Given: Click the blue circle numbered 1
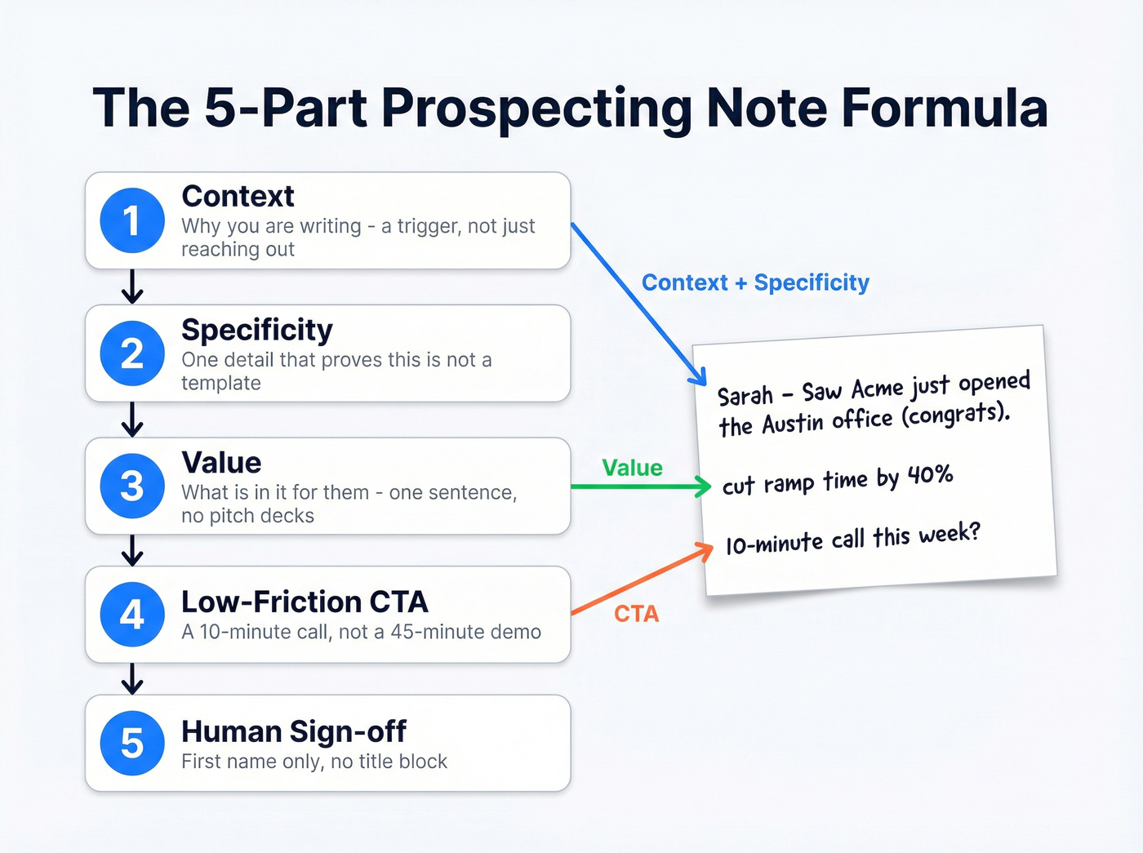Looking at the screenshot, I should pyautogui.click(x=132, y=220).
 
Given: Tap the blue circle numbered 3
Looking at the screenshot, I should pyautogui.click(x=132, y=486).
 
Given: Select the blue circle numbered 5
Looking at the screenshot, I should pyautogui.click(x=132, y=743).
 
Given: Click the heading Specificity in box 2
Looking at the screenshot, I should pyautogui.click(x=257, y=330).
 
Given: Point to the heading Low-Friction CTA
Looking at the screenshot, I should pyautogui.click(x=305, y=602).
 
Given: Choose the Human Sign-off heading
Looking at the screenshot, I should pyautogui.click(x=294, y=731).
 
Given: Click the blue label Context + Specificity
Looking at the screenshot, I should pyautogui.click(x=755, y=282).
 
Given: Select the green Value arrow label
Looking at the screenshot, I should pyautogui.click(x=632, y=468).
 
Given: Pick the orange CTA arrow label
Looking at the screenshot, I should pyautogui.click(x=636, y=613).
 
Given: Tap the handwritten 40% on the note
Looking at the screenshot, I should pyautogui.click(x=930, y=475).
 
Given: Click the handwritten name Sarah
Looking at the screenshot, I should pyautogui.click(x=745, y=396).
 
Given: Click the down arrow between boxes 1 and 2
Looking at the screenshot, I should pyautogui.click(x=132, y=287).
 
